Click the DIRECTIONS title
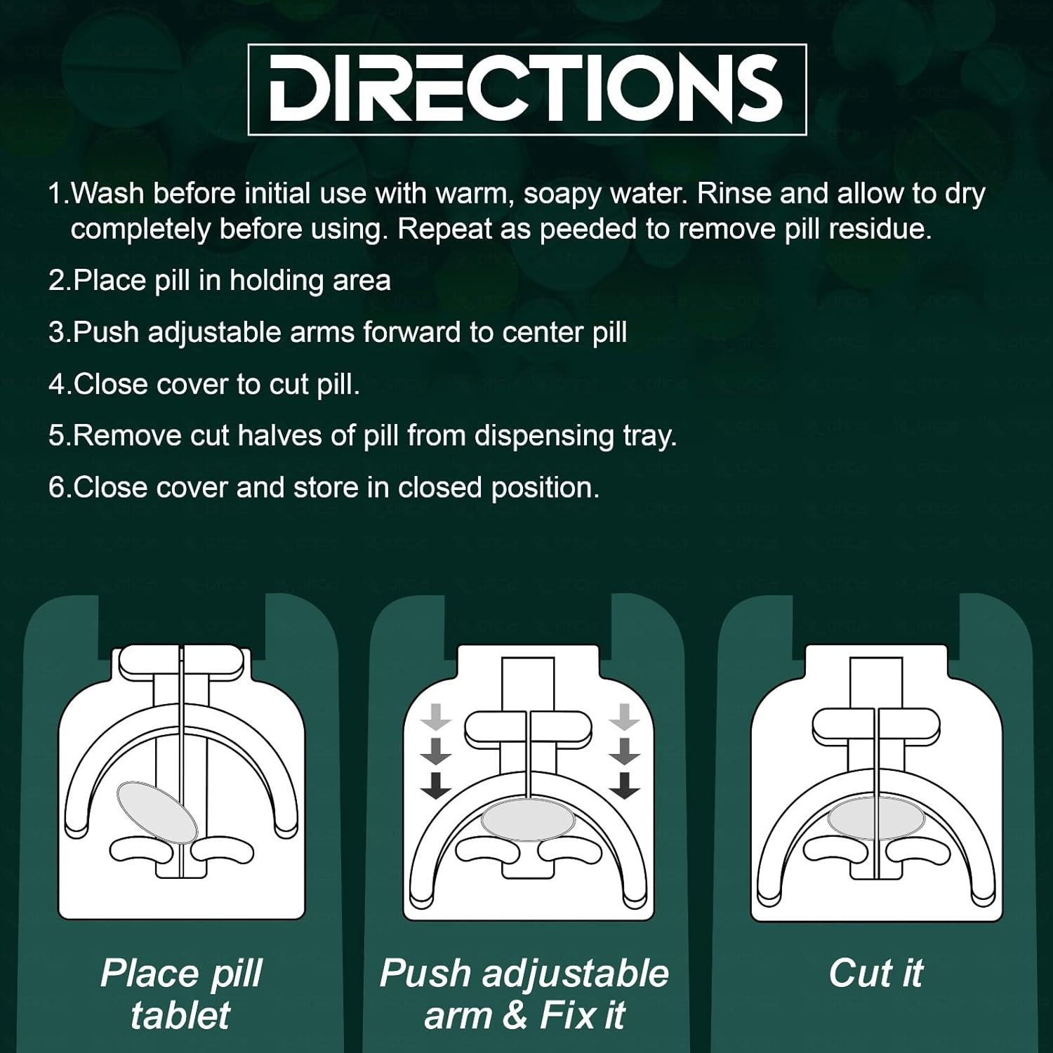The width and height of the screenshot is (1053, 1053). (526, 89)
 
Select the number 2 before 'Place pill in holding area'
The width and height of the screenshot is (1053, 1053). (57, 281)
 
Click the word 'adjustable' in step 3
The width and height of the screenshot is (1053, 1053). (214, 333)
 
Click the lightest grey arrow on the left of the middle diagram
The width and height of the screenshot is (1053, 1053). (436, 717)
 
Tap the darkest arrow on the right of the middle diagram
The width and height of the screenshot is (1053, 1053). (624, 786)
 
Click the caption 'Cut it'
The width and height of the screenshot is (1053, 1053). (875, 973)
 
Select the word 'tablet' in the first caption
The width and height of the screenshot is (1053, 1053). (180, 1015)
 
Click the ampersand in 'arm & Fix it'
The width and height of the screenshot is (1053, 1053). (515, 1016)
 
